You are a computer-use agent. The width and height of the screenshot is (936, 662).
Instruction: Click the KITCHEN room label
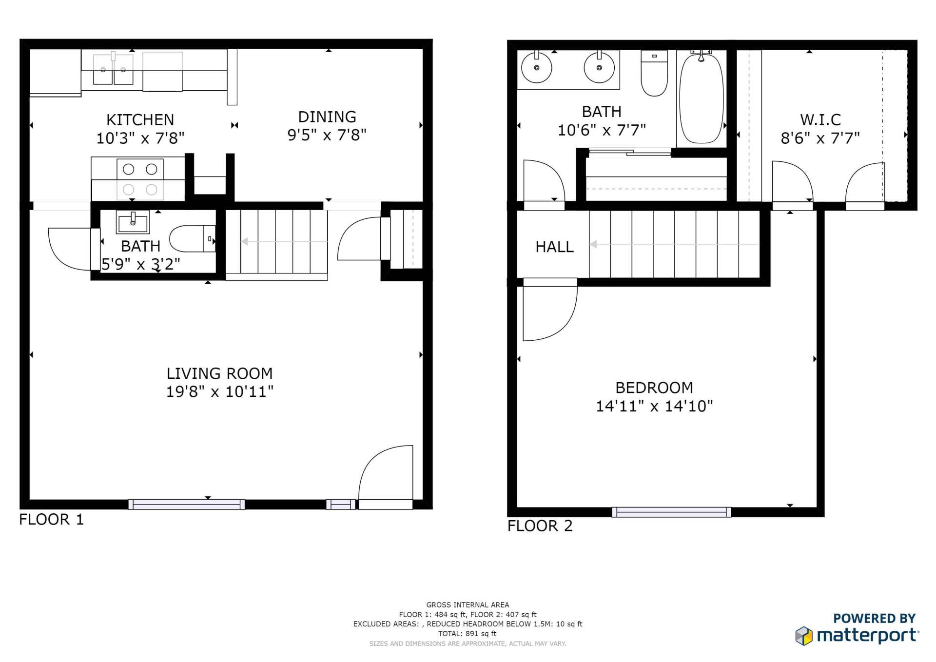tap(140, 119)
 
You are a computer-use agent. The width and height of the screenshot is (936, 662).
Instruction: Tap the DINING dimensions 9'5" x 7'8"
tap(327, 135)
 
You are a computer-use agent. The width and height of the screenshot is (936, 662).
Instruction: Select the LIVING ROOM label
tap(219, 373)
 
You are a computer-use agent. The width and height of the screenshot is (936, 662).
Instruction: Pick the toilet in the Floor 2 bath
tap(654, 76)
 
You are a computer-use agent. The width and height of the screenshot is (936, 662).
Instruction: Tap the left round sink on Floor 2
tap(536, 68)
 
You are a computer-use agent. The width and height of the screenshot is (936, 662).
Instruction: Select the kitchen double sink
tap(113, 70)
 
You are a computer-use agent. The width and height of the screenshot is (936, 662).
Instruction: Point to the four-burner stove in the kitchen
tap(140, 178)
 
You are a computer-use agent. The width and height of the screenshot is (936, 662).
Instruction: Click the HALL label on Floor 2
tap(554, 247)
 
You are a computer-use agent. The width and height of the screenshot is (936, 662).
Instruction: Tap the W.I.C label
tap(820, 119)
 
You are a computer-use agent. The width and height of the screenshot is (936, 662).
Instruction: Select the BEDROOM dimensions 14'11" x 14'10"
tap(654, 406)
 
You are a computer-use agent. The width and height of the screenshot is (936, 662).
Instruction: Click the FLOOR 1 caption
tap(51, 520)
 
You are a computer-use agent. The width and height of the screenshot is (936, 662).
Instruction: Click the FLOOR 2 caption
tap(540, 526)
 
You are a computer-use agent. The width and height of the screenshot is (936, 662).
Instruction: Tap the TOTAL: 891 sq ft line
tap(467, 634)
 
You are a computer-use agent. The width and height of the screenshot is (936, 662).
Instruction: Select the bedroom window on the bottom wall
tap(671, 512)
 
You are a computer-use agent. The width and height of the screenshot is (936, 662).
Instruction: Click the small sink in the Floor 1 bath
tap(133, 223)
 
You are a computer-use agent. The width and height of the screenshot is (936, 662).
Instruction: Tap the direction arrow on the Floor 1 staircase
tap(245, 241)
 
